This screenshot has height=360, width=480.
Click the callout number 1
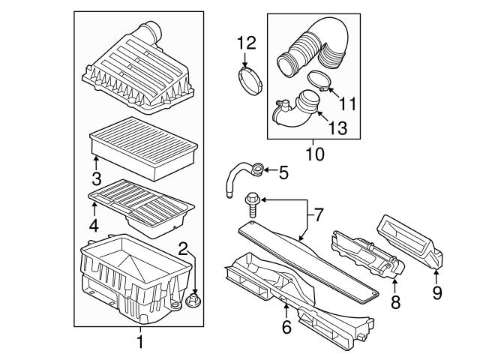(x=139, y=343)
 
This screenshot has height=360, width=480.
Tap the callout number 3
(x=96, y=178)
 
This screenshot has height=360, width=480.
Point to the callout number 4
(x=94, y=224)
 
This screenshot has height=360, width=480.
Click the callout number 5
(x=283, y=173)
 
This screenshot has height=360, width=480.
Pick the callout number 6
(x=286, y=328)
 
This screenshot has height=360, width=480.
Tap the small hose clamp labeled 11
(x=317, y=80)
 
